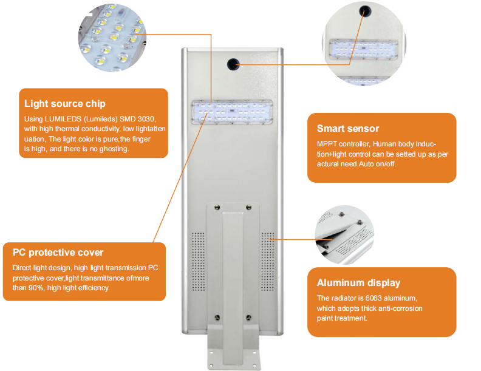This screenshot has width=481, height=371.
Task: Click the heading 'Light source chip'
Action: coord(64,104)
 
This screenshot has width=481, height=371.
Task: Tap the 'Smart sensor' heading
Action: coord(348,128)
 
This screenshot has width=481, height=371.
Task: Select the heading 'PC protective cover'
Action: coord(58,252)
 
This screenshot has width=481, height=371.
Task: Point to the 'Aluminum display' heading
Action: coord(358,282)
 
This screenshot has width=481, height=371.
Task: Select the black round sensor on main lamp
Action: coord(233,63)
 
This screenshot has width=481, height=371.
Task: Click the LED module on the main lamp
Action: coord(233,112)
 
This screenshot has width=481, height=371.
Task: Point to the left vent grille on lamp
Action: coord(196,259)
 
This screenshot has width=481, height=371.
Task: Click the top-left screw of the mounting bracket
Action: coord(216,208)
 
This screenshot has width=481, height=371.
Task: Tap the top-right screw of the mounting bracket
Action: coord(248,208)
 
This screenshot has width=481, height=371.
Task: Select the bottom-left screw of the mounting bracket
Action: coord(216,317)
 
